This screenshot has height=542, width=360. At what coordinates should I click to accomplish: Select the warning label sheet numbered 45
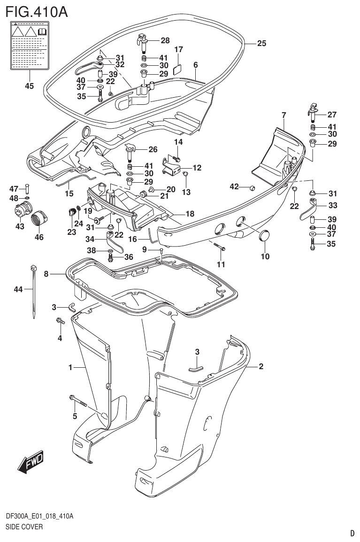(29, 46)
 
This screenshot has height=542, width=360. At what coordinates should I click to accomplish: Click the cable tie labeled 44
(34, 291)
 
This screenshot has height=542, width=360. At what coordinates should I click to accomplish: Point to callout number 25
(261, 43)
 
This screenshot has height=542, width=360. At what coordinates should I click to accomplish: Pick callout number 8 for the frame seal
(46, 273)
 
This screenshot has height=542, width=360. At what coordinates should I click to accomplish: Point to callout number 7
(284, 115)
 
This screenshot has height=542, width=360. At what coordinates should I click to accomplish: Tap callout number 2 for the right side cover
(261, 367)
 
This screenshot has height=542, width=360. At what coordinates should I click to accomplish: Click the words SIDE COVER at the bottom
(24, 527)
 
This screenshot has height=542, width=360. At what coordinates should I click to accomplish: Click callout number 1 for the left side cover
(70, 368)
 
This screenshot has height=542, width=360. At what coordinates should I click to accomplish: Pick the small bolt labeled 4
(60, 322)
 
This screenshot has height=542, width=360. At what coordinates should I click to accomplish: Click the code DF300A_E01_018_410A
(39, 517)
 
